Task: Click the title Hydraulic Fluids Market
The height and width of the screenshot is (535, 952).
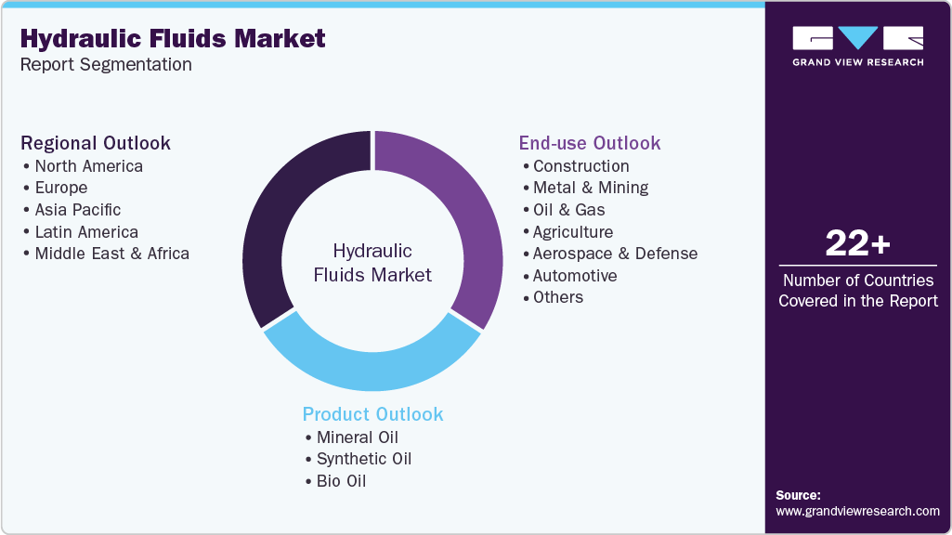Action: (173, 38)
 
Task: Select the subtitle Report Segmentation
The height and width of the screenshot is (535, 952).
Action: (106, 65)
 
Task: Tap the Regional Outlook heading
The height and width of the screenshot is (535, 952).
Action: (96, 143)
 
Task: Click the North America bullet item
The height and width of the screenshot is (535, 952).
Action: (88, 166)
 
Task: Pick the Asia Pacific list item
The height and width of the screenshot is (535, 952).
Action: (77, 210)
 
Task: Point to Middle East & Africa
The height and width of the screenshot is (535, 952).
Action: (111, 254)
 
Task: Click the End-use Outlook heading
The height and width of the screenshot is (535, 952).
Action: (589, 143)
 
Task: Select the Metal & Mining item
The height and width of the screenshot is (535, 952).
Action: (590, 188)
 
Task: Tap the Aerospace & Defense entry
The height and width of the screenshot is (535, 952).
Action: (614, 254)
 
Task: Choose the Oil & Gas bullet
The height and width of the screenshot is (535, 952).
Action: (568, 210)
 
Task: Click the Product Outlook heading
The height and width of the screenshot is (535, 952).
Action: (372, 414)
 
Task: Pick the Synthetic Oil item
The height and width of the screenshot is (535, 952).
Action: (363, 459)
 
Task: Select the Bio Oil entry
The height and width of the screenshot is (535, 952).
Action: (341, 481)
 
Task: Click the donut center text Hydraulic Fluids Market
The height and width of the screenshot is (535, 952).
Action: (372, 263)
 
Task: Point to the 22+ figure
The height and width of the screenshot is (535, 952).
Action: (857, 244)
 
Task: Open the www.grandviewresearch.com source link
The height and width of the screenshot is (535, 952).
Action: (857, 511)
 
